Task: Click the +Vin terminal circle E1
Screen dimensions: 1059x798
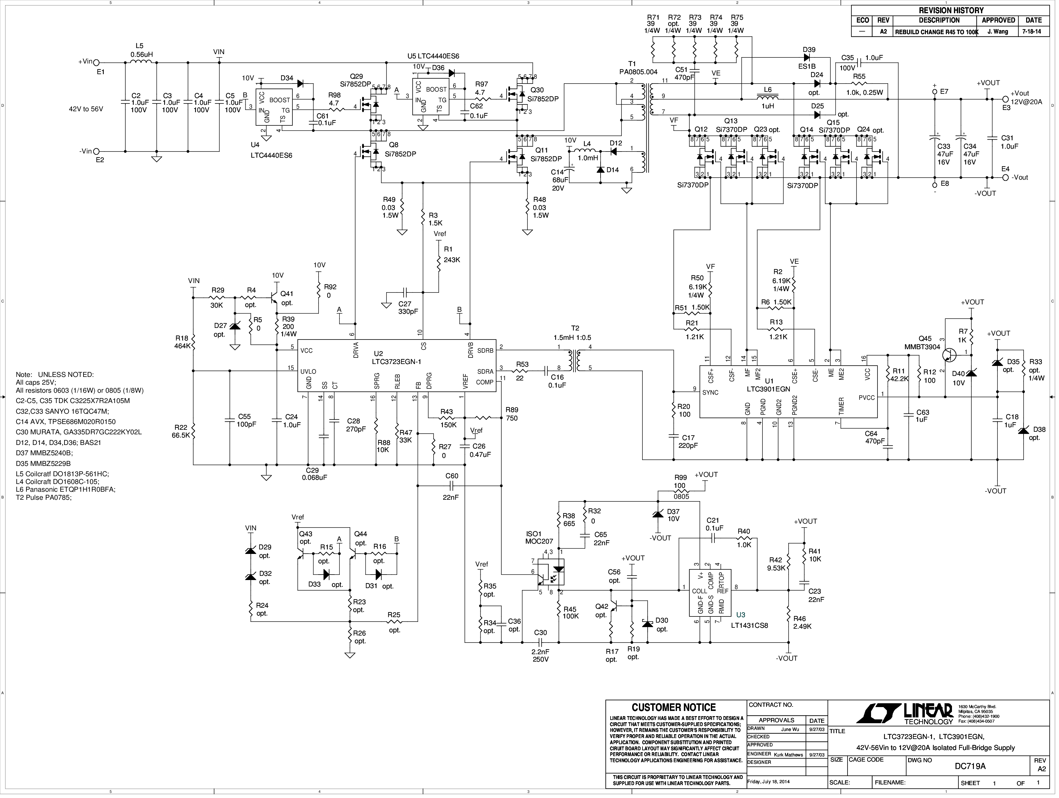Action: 96,62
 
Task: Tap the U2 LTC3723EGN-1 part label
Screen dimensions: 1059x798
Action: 397,358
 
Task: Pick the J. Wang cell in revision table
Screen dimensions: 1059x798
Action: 997,32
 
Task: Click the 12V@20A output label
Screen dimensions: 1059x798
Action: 1026,102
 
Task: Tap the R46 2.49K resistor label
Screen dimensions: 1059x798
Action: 802,622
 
